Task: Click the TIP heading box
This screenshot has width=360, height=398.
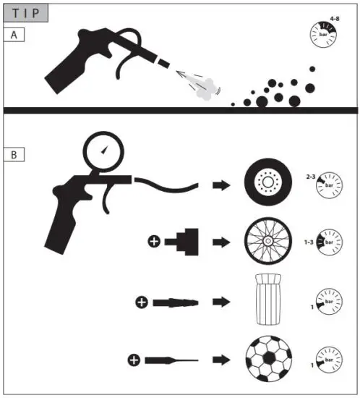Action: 26,12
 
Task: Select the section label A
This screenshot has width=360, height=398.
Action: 12,34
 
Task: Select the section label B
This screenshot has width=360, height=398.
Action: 12,153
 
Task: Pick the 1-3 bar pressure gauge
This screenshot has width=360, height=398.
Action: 329,243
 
